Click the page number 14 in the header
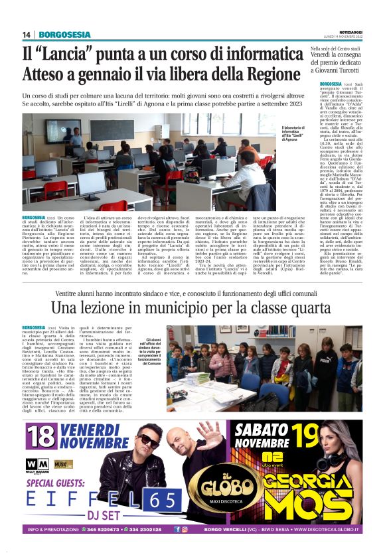click(x=27, y=35)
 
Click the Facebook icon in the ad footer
click(x=177, y=529)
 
